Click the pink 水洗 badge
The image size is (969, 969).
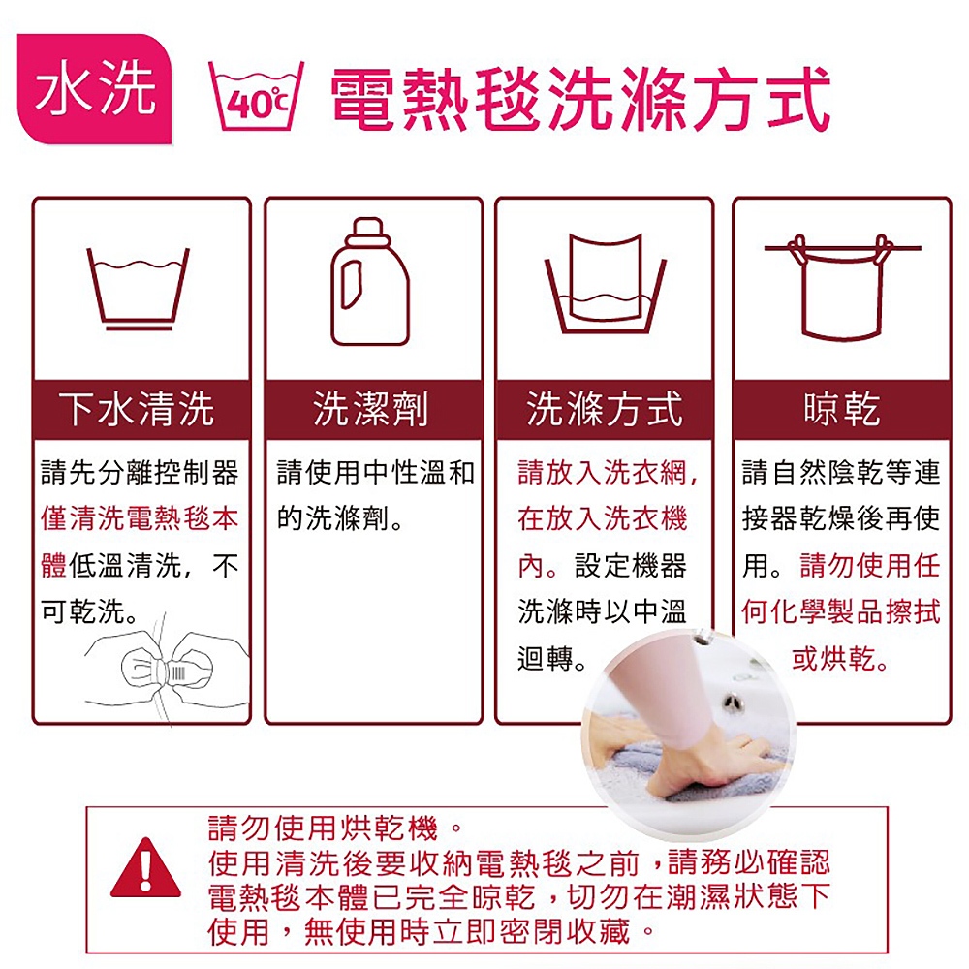coord(95,89)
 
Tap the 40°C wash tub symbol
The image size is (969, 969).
coord(256,96)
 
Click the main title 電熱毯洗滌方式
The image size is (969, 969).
coord(579,99)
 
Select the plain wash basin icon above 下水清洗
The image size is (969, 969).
coord(138,289)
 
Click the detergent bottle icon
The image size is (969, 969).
coord(369,281)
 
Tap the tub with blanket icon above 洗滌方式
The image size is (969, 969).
coord(605,283)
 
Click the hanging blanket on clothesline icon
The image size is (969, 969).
coord(842,287)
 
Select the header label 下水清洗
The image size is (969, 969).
coord(137,409)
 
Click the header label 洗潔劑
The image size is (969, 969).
coord(370,409)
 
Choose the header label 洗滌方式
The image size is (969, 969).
coord(605,409)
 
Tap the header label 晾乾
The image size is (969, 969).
coord(842,409)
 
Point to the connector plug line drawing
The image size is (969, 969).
coord(167,671)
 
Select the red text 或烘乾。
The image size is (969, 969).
coord(840,659)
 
